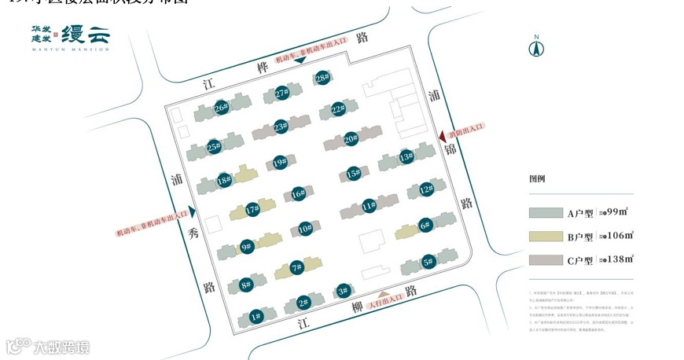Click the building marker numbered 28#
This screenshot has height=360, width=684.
point(322,78)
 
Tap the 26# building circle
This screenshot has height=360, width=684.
point(221,108)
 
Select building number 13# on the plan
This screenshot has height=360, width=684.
point(406,158)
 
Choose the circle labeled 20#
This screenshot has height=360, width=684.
point(351,139)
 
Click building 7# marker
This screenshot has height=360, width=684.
point(296,267)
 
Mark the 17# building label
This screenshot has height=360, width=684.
point(252,210)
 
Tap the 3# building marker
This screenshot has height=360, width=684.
point(343,292)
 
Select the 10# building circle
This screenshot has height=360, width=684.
point(306,230)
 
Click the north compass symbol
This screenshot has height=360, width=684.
point(536,47)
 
